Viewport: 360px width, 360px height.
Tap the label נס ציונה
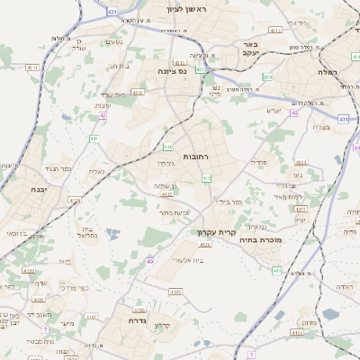(x=172, y=70)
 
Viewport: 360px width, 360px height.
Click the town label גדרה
(x=137, y=319)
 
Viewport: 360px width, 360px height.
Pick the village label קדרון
(x=162, y=325)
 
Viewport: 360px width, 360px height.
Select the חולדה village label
(x=346, y=286)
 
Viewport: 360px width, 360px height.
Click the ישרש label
(x=274, y=111)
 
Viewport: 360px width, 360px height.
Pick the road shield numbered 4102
(x=174, y=292)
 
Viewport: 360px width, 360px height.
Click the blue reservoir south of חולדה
(x=330, y=315)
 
